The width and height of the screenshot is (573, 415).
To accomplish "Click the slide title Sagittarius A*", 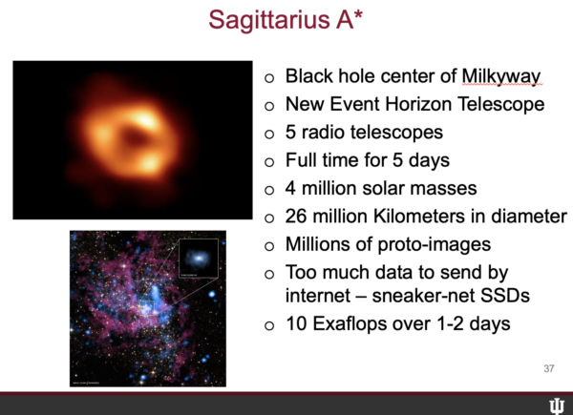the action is point(286,19).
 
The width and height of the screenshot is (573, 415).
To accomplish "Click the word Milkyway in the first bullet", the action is point(501,76).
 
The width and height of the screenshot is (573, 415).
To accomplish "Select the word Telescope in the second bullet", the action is point(501,104).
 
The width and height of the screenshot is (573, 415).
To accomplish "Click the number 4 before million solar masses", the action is point(290,188).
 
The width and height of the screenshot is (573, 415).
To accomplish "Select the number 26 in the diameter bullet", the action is point(296,216).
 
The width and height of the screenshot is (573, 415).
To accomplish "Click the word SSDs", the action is point(505,296).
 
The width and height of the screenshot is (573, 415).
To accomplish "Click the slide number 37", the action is point(549,368).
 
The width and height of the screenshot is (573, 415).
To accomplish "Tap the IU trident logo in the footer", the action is point(557,406).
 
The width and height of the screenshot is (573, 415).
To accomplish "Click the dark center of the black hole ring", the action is point(135,138).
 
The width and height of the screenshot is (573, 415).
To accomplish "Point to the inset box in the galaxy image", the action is point(199,259).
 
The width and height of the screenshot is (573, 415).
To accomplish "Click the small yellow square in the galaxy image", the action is point(147,308).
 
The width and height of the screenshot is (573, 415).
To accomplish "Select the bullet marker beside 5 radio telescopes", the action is point(269,134).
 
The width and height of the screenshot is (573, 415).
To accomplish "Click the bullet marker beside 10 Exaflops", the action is point(269,325).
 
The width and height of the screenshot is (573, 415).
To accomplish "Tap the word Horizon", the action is point(418,104).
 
